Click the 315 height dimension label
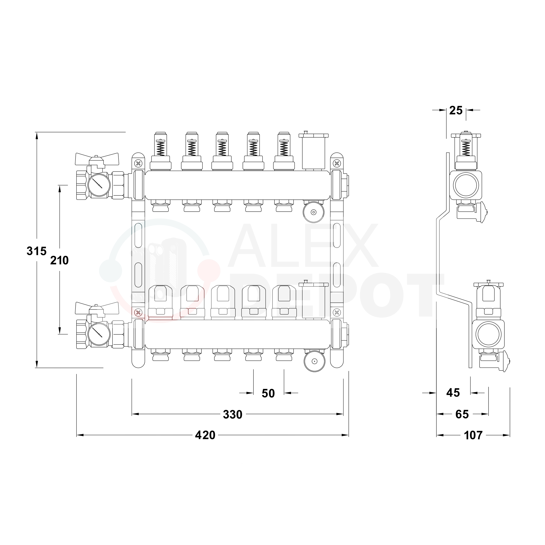tap(36, 251)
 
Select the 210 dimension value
tap(59, 261)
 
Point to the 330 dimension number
tap(233, 414)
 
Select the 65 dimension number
tap(462, 414)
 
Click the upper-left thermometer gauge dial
tap(99, 185)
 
